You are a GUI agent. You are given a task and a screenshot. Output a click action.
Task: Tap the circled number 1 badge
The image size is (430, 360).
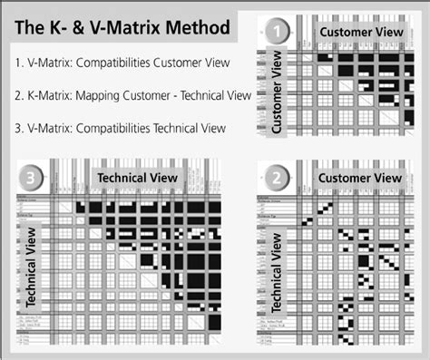[278, 35]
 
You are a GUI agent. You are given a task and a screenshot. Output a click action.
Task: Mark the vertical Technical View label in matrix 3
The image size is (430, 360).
[32, 263]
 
